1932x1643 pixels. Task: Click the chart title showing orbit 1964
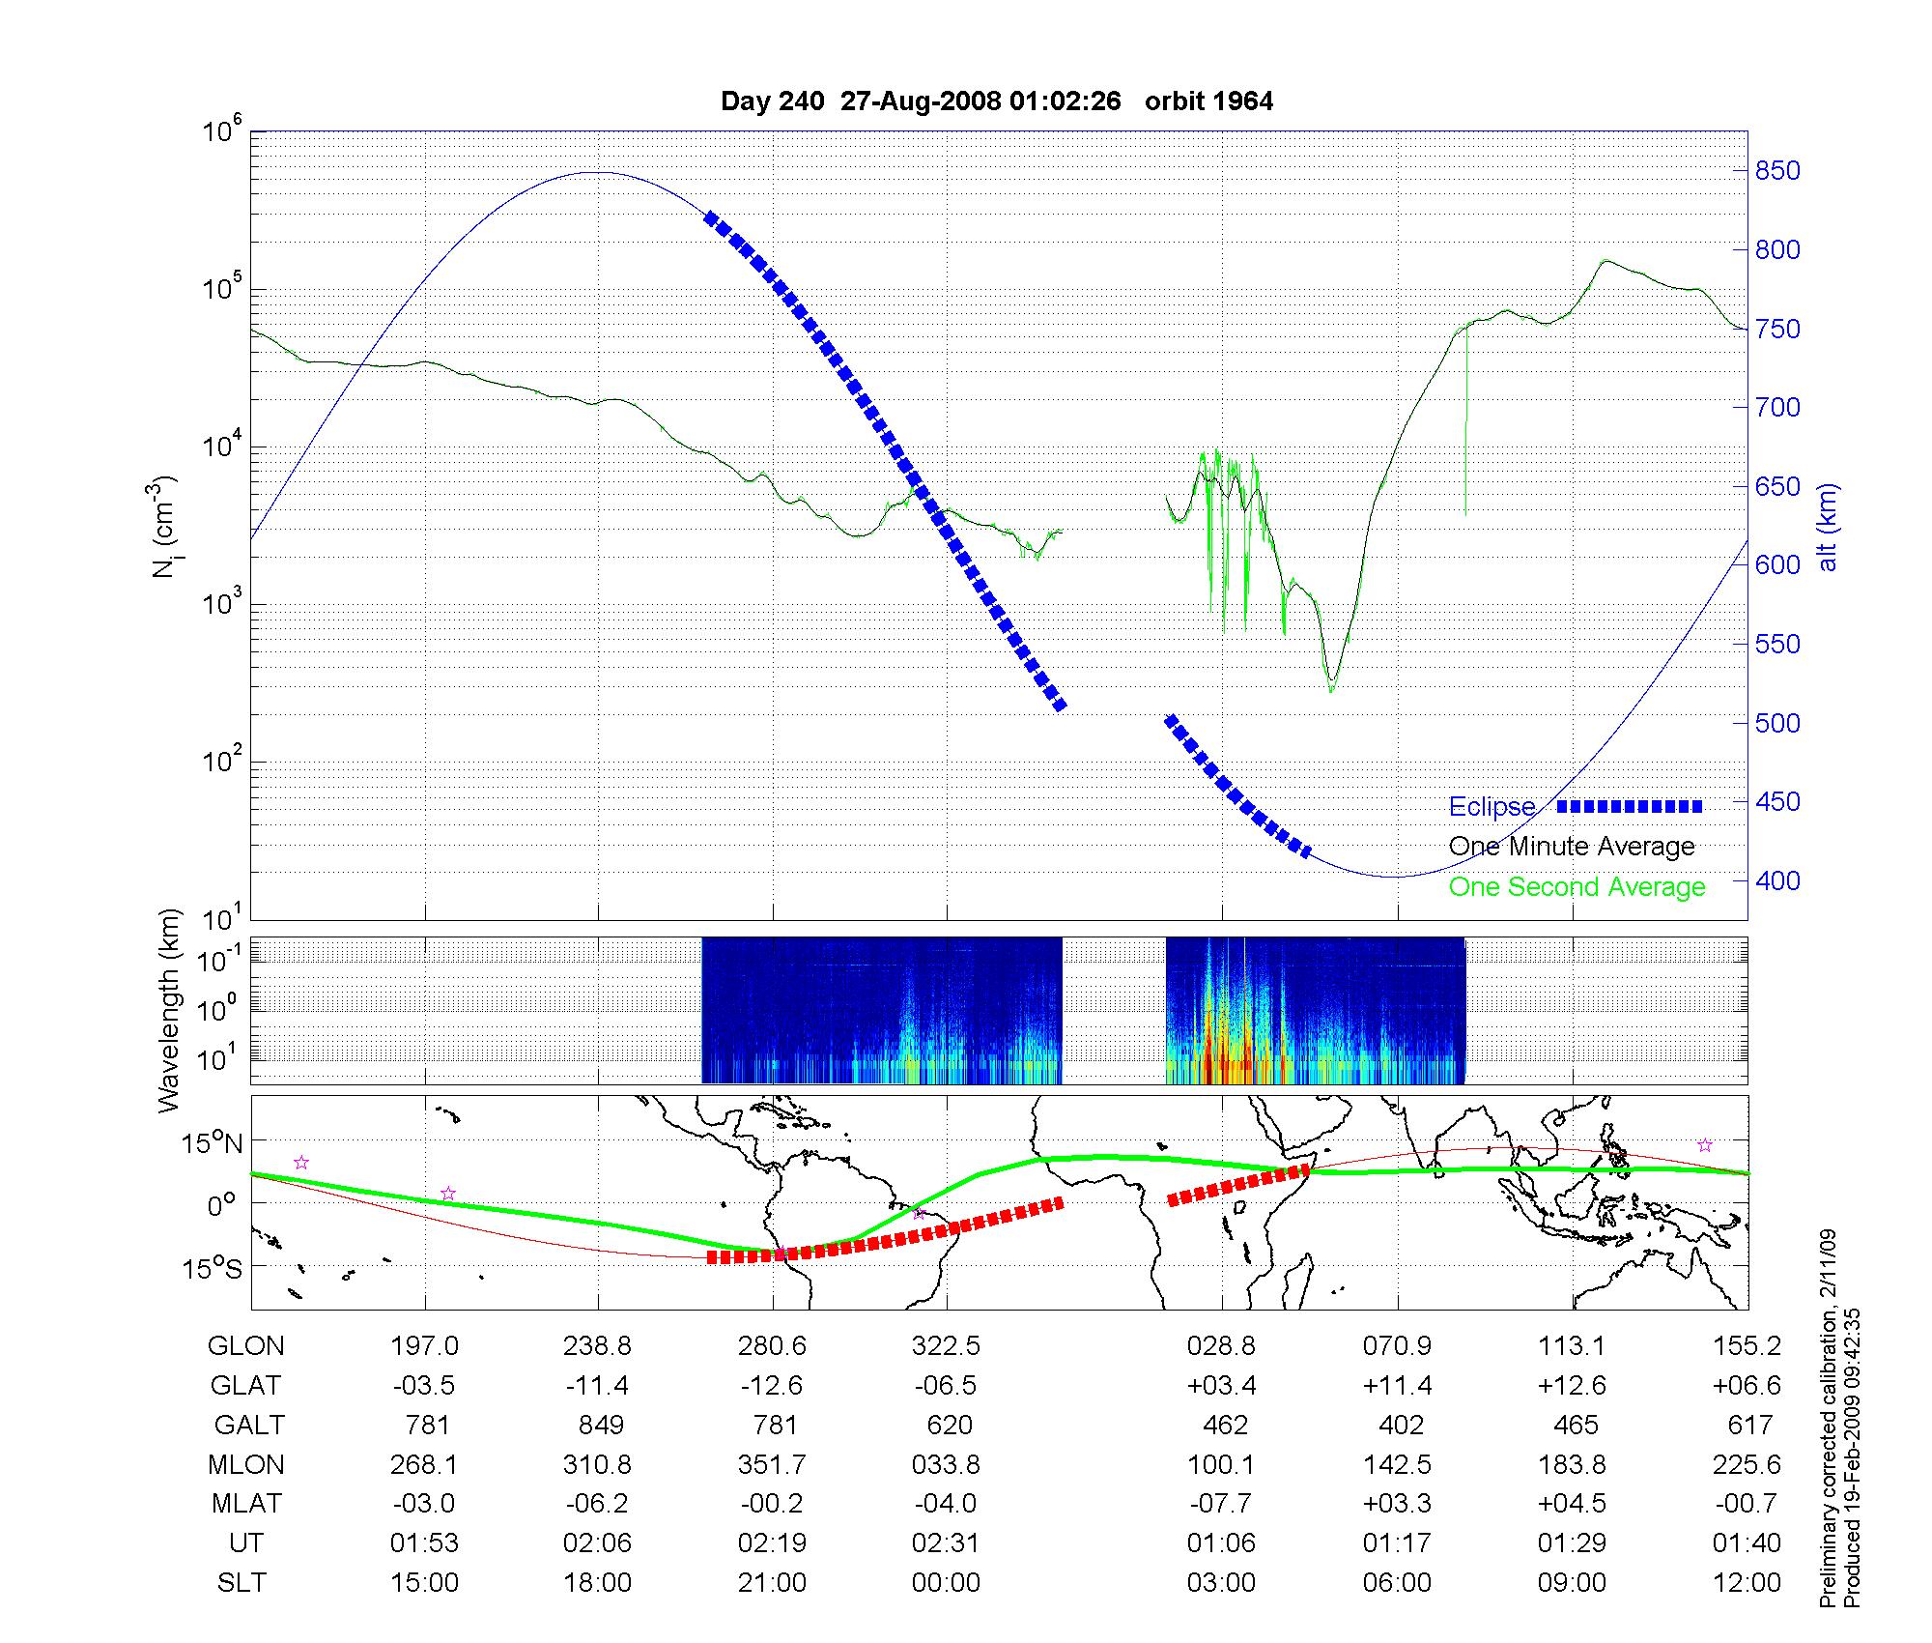(x=997, y=101)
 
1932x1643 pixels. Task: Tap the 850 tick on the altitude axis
(x=1777, y=171)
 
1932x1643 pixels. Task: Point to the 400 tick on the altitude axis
(x=1777, y=880)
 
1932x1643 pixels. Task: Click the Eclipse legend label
(x=1492, y=807)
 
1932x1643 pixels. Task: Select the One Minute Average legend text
(x=1572, y=847)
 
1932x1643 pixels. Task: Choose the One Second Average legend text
(x=1577, y=887)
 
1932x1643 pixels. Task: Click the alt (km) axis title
(x=1828, y=527)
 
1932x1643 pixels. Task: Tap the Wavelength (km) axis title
(x=168, y=1010)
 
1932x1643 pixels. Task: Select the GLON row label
(x=246, y=1345)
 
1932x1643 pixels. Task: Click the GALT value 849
(x=599, y=1426)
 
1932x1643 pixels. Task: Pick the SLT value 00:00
(x=946, y=1583)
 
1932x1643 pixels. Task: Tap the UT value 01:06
(x=1221, y=1543)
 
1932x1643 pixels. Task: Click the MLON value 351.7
(x=772, y=1465)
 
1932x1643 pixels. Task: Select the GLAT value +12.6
(x=1572, y=1386)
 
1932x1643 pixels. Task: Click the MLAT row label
(x=246, y=1504)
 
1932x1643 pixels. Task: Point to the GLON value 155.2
(x=1747, y=1345)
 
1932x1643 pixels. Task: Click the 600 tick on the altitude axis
(x=1777, y=565)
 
